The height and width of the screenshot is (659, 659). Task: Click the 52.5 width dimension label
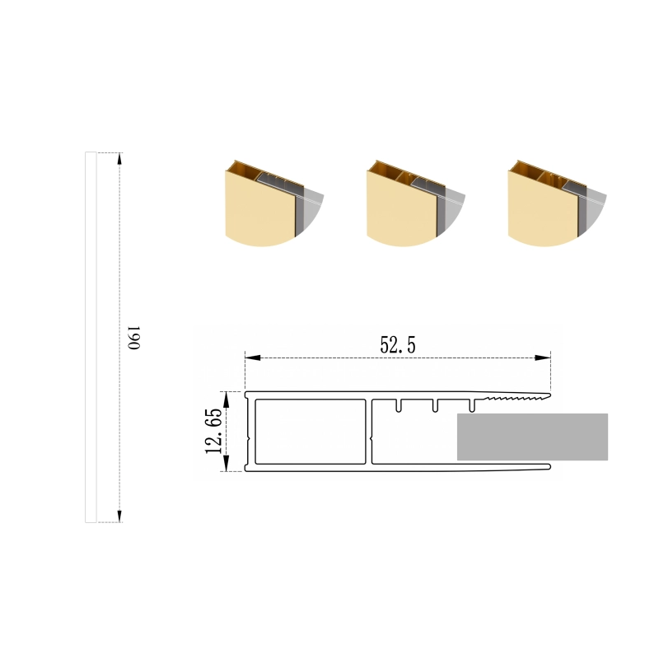pos(398,345)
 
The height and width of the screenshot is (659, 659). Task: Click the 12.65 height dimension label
pos(214,431)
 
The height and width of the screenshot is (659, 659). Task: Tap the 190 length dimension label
pos(133,338)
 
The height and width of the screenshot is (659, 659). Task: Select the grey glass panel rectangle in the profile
pos(532,437)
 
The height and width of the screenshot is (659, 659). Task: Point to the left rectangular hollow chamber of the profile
pos(311,432)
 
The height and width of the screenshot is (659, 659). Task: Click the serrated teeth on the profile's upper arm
pos(517,397)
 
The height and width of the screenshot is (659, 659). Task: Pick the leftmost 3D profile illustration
pos(274,203)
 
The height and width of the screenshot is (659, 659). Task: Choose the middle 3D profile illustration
pos(416,203)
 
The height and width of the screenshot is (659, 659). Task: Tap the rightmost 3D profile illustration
pos(557,203)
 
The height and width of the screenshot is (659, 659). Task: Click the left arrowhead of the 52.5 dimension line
pos(253,358)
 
